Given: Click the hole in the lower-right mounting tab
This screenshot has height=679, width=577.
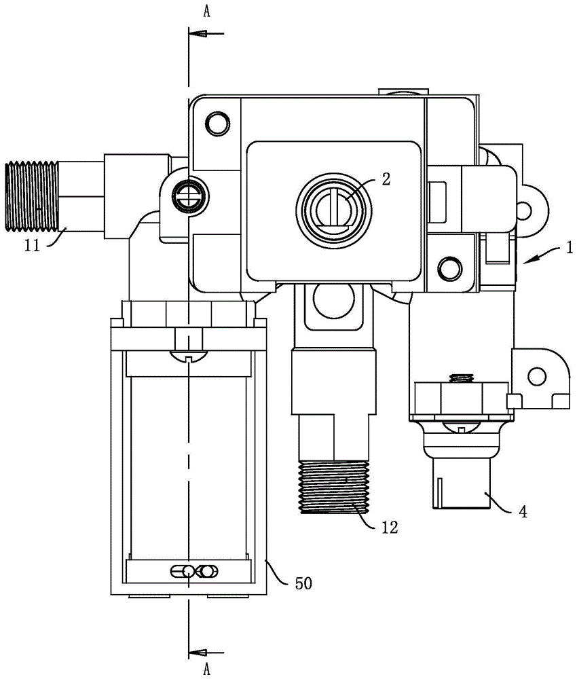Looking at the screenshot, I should coord(537,374).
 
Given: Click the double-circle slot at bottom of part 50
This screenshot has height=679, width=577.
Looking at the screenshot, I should coord(198,571).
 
